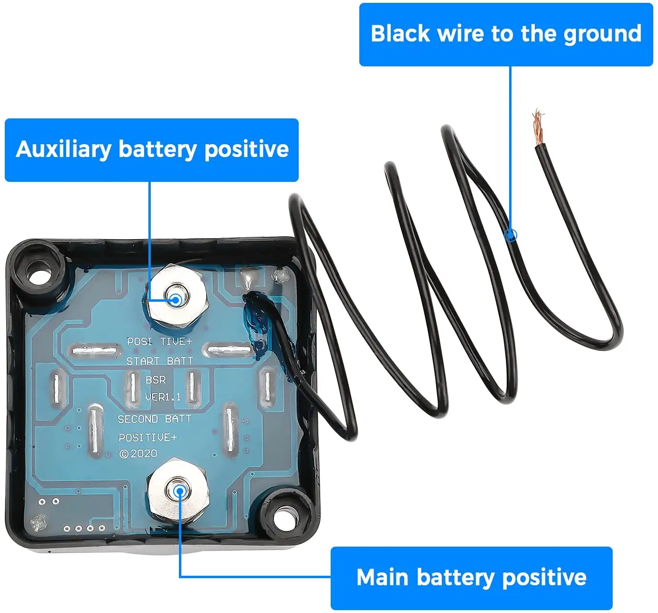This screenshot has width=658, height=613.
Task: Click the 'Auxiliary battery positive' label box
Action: click(x=152, y=150)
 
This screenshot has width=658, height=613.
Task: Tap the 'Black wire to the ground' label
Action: click(x=506, y=34)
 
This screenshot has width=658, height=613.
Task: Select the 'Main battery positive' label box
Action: click(x=471, y=578)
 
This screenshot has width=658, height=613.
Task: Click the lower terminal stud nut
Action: click(x=179, y=492)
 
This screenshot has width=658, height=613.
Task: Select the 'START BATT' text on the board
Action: click(x=159, y=361)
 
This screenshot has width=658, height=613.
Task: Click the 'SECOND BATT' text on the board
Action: click(x=155, y=419)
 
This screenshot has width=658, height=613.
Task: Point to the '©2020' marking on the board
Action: click(x=138, y=454)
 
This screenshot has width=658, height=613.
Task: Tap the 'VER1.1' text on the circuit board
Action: click(x=163, y=397)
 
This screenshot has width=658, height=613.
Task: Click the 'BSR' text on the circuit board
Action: click(x=156, y=380)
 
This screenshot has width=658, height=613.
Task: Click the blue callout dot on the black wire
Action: click(x=511, y=235)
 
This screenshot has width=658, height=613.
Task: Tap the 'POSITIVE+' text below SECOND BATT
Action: click(x=147, y=437)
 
